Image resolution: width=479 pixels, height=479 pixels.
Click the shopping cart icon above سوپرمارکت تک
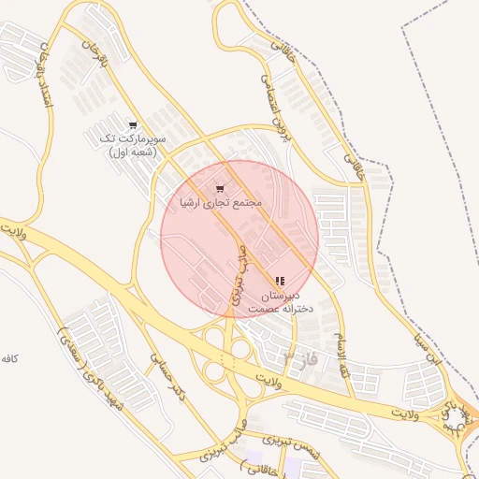coord(133,124)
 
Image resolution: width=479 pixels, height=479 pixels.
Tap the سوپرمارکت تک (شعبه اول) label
coord(132,145)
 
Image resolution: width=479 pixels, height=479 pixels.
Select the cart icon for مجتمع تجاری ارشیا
coord(221,188)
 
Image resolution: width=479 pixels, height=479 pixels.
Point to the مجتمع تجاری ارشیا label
coord(222,202)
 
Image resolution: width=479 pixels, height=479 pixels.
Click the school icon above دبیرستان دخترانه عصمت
coord(279,281)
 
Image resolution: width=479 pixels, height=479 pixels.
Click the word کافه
coord(10,359)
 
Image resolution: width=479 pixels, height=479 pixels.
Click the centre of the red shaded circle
coord(239,239)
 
